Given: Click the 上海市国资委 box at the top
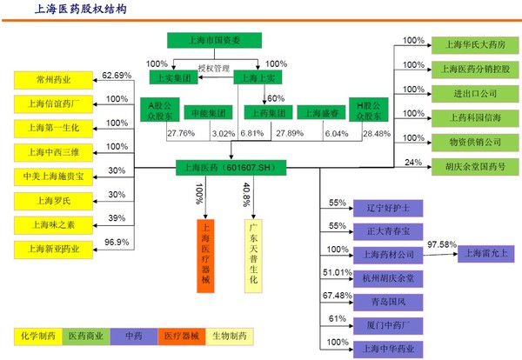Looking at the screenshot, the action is coord(214,40).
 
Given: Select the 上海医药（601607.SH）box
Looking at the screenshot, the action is coord(231,168).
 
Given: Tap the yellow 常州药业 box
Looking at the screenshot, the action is coord(53,80).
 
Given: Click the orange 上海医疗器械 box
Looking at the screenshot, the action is coord(205,256).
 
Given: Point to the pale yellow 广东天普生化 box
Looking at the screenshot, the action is coord(253,256).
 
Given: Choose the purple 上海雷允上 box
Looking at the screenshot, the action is coord(485,254).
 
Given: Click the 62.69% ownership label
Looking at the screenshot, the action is coord(117,76).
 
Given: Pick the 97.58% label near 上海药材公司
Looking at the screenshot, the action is coord(442,244).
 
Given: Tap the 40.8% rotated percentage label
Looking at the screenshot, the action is coord(246,195).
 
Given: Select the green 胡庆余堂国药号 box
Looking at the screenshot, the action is coord(475,167).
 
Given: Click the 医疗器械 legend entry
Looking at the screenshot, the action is coord(182,336).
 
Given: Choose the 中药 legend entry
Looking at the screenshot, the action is coord(134,336).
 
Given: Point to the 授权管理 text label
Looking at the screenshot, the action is coord(214,69).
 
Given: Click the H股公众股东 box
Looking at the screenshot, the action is coord(369,110).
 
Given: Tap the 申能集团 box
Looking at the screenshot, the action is coord(209,113).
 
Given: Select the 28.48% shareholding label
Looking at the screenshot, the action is coord(377,134).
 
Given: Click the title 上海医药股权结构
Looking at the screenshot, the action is coord(81,9).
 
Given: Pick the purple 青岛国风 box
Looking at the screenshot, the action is coord(388,302).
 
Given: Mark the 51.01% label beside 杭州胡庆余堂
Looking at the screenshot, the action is coord(338,272).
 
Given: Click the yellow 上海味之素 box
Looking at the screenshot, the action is coord(53,225).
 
